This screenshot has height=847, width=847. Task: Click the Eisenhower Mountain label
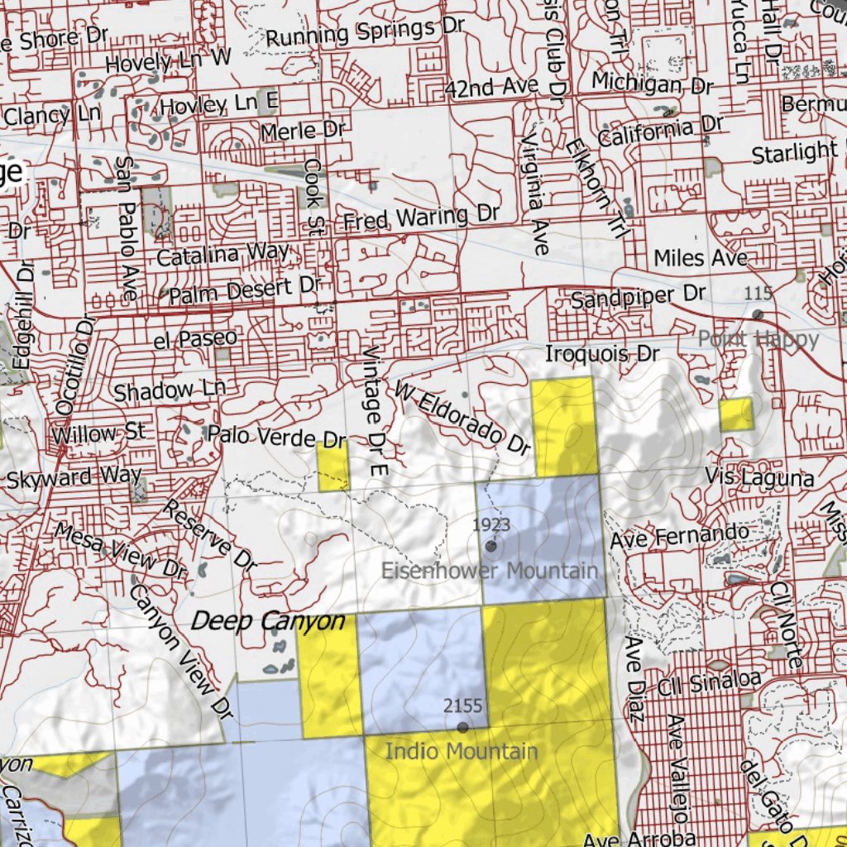pyautogui.click(x=489, y=571)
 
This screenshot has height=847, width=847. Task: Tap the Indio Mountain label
pyautogui.click(x=462, y=752)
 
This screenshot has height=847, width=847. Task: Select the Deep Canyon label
pyautogui.click(x=268, y=621)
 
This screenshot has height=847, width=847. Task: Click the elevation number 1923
pyautogui.click(x=491, y=524)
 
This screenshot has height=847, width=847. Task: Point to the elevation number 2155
pyautogui.click(x=463, y=706)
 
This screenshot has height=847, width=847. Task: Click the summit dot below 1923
pyautogui.click(x=491, y=546)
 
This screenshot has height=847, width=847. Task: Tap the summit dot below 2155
pyautogui.click(x=462, y=727)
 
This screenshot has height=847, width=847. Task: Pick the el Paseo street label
pyautogui.click(x=195, y=338)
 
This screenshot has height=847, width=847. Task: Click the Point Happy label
pyautogui.click(x=758, y=338)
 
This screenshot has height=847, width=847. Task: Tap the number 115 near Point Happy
pyautogui.click(x=758, y=293)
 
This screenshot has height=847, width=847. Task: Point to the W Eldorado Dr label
pyautogui.click(x=462, y=418)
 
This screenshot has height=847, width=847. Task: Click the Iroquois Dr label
pyautogui.click(x=602, y=354)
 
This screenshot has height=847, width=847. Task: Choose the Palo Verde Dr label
pyautogui.click(x=276, y=436)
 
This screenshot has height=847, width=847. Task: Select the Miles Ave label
pyautogui.click(x=701, y=258)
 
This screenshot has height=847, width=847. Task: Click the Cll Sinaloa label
pyautogui.click(x=710, y=682)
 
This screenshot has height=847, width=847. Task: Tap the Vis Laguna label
pyautogui.click(x=759, y=476)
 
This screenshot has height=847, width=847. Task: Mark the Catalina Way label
pyautogui.click(x=223, y=255)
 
